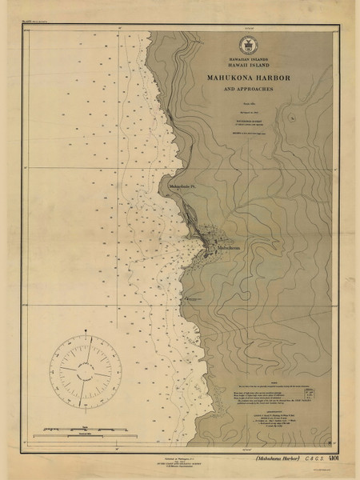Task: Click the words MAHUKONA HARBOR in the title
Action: (245, 77)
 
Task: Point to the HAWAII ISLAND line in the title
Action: (245, 67)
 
